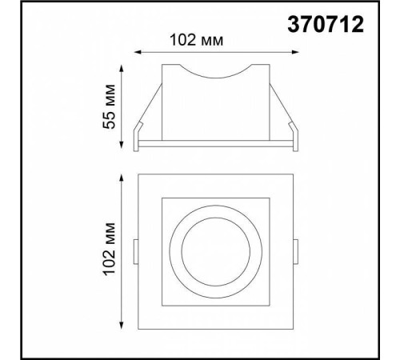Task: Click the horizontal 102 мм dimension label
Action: pos(195,38)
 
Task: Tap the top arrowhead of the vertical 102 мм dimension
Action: pos(122,174)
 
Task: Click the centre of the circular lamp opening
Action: pos(215,254)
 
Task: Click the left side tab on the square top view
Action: pos(135,254)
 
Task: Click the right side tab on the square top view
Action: pos(297,254)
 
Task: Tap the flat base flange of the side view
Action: pos(216,146)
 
